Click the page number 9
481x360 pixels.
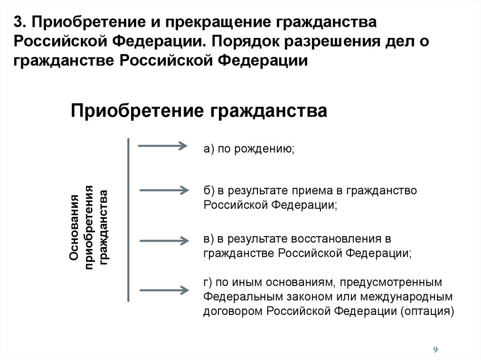[435, 349]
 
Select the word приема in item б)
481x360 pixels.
[314, 191]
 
